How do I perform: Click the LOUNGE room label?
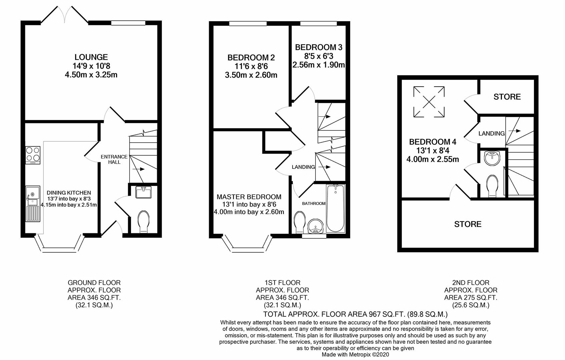tap(91, 57)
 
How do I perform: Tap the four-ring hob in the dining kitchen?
tap(33, 155)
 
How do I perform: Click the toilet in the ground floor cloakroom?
tap(144, 221)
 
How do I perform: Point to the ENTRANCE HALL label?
tap(114, 159)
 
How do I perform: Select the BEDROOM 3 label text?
tap(319, 47)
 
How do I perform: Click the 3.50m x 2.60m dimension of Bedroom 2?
tap(251, 75)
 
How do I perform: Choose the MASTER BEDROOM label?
tap(249, 197)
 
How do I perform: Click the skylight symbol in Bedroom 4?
tap(429, 102)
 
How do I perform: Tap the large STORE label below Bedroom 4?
tap(468, 224)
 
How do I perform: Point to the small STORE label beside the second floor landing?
tap(507, 97)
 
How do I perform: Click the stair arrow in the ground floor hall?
tap(138, 169)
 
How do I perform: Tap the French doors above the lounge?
tap(65, 15)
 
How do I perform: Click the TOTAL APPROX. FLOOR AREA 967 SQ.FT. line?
tap(355, 314)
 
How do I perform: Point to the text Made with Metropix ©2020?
tap(355, 355)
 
